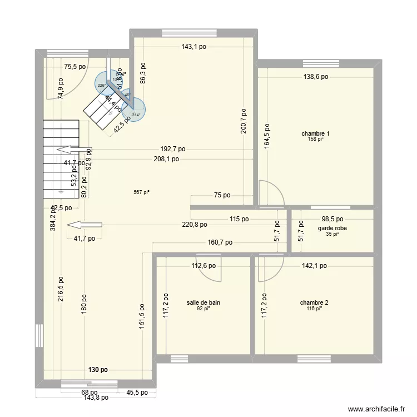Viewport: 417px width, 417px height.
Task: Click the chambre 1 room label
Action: tap(315, 133)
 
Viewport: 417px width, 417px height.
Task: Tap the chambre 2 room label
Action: tap(314, 302)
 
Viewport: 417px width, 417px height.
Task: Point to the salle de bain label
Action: tap(203, 302)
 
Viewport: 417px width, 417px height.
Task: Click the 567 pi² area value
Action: tap(141, 193)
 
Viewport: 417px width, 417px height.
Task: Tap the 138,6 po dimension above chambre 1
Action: tap(315, 77)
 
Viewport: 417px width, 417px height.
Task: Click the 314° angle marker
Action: tap(136, 115)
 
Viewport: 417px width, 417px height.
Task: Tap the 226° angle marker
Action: tap(101, 85)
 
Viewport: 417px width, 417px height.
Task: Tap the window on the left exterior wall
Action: tap(39, 335)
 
